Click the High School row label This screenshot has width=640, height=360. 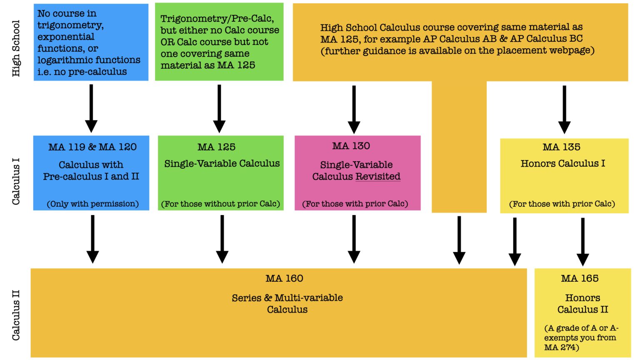[16, 48]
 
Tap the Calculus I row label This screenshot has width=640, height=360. [16, 181]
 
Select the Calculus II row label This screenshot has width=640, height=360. [16, 315]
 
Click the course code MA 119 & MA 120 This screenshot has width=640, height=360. [92, 147]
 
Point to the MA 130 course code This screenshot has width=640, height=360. [351, 146]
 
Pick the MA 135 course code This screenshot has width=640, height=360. [561, 147]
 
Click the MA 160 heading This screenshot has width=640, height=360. [284, 278]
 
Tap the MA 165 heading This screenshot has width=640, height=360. [580, 278]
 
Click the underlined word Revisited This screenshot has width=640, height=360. [378, 177]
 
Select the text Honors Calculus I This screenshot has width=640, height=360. [562, 163]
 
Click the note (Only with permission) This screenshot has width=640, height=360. [92, 204]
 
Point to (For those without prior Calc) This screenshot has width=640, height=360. [220, 204]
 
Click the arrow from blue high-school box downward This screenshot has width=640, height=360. [91, 108]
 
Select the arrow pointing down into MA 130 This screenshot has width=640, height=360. [354, 110]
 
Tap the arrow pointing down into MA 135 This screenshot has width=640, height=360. [564, 110]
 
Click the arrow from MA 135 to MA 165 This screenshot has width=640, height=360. [582, 242]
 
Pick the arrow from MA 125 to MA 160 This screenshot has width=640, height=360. [222, 239]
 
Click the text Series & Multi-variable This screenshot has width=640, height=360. [287, 298]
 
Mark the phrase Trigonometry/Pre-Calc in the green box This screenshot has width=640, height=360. [217, 19]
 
